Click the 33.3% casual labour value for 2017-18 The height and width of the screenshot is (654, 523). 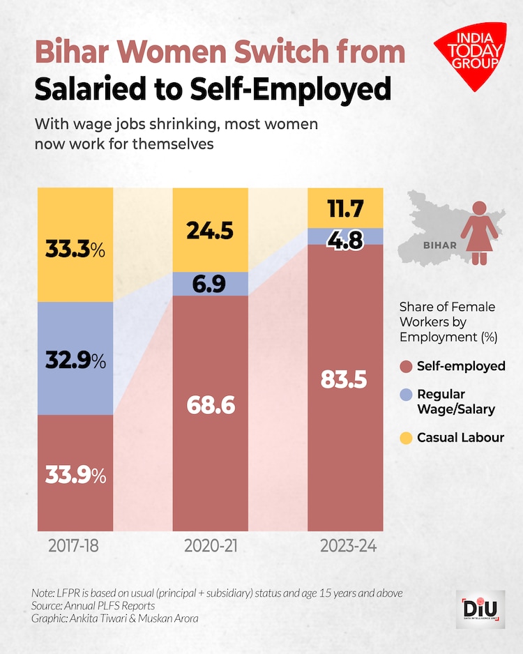point(75,249)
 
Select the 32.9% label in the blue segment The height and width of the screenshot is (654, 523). point(75,361)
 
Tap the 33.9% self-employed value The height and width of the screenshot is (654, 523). point(75,476)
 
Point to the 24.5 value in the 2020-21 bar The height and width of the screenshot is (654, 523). point(211,231)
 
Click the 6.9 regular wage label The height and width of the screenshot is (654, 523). point(211,284)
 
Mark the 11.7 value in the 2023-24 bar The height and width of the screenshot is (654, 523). point(346,208)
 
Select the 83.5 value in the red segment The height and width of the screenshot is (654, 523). point(346,380)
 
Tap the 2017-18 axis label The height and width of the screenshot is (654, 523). point(75,545)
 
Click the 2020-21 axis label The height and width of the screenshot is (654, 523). point(211,545)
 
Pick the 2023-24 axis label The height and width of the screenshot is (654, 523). point(347,545)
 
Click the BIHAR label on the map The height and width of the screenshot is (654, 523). point(439,245)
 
